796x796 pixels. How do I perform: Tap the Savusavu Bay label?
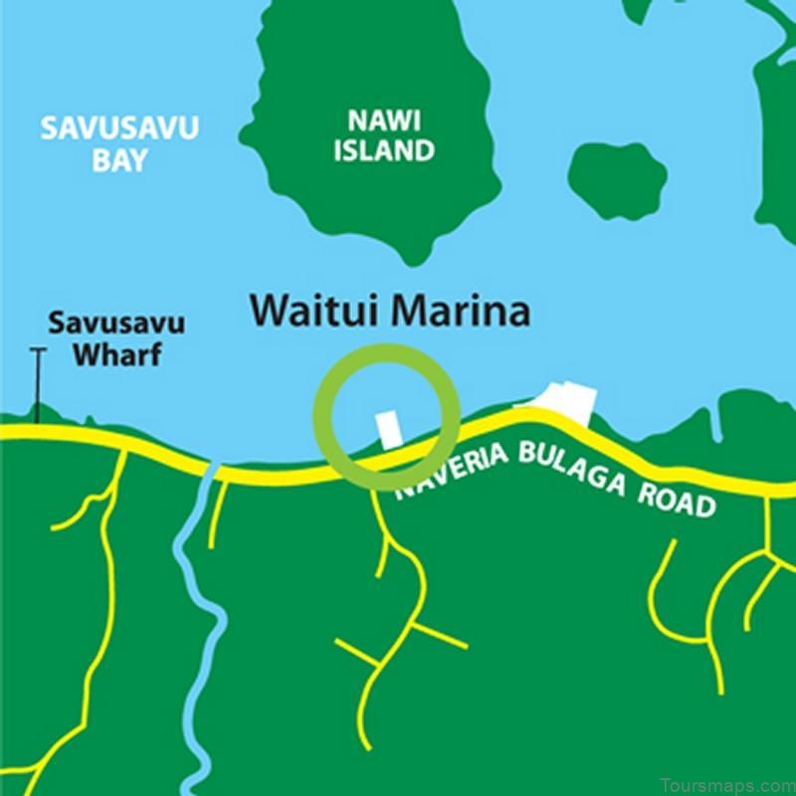pyautogui.click(x=119, y=143)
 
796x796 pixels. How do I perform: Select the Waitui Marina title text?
pyautogui.click(x=390, y=311)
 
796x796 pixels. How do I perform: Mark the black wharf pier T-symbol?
pyautogui.click(x=39, y=383)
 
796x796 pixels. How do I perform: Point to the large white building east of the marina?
pyautogui.click(x=562, y=404)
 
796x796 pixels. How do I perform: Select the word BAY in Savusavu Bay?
pyautogui.click(x=119, y=160)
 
